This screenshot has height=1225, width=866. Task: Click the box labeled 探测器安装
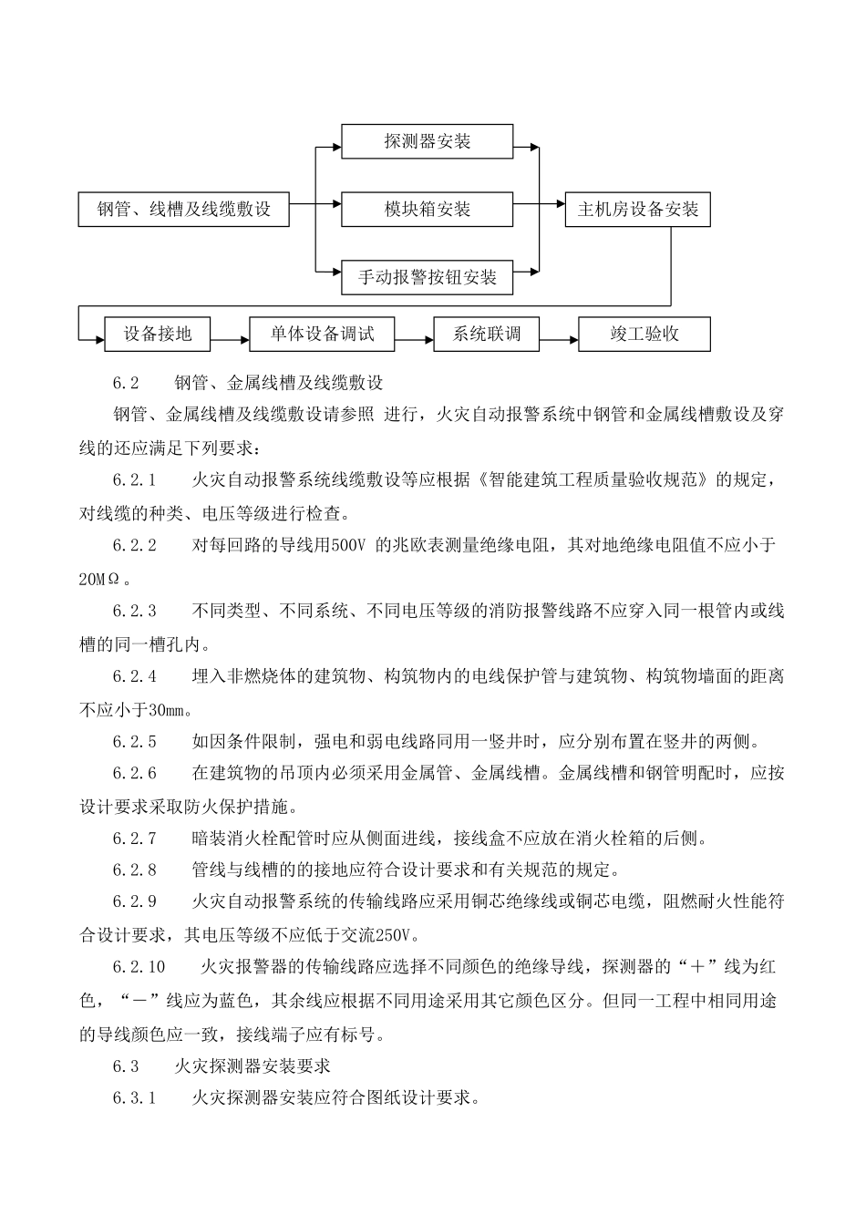[427, 141]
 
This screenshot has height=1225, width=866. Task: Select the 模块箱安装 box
[427, 209]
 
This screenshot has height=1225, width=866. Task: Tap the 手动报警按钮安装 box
[427, 277]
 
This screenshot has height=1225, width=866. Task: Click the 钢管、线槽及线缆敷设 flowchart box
[185, 209]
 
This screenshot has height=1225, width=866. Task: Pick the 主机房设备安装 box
[637, 209]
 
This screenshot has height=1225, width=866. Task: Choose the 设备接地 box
[158, 334]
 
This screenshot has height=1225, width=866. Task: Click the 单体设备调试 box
[322, 334]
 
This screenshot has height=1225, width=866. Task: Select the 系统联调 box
[487, 334]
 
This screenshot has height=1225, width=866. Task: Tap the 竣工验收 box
[644, 334]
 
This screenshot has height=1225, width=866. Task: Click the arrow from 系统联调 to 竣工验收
[559, 340]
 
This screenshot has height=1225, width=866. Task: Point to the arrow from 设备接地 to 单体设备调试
[230, 340]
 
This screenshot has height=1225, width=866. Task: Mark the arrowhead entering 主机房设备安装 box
[559, 209]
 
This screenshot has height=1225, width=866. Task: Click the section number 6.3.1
[135, 1097]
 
